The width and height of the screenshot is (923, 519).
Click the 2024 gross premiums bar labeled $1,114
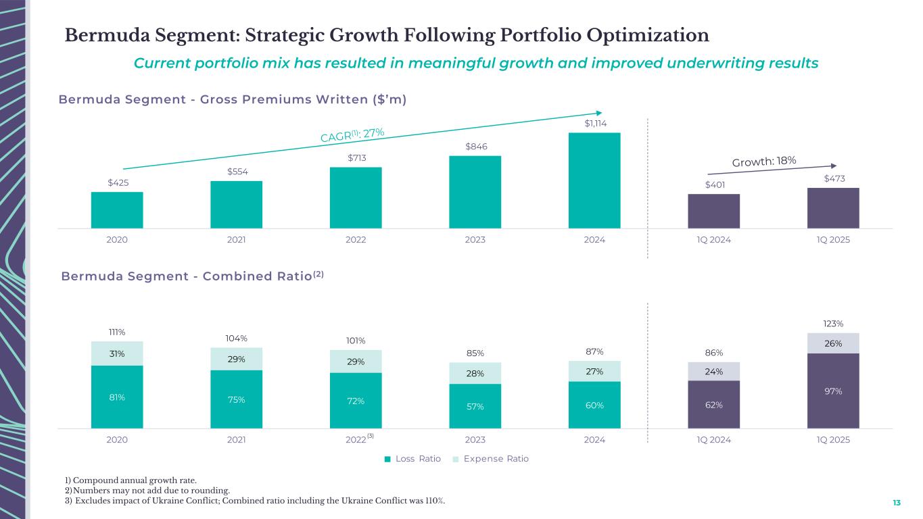click(594, 180)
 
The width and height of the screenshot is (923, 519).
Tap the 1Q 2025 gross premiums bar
click(833, 208)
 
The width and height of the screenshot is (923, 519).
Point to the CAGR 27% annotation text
click(352, 134)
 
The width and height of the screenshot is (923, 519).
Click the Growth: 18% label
click(764, 161)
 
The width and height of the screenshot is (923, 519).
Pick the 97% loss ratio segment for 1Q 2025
click(833, 391)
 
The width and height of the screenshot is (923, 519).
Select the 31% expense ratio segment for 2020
click(117, 353)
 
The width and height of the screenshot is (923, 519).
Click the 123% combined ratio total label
click(833, 324)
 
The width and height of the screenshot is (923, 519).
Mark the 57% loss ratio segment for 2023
click(475, 406)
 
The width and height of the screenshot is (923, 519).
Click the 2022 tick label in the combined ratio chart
click(356, 440)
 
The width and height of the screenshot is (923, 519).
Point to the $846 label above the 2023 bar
click(475, 147)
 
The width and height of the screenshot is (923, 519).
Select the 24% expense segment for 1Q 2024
click(714, 371)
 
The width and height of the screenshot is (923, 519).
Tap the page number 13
click(897, 503)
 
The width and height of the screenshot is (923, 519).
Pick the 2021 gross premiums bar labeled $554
click(236, 205)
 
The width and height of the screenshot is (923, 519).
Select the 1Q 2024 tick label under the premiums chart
click(714, 240)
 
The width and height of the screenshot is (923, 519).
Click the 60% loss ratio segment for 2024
click(594, 405)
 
